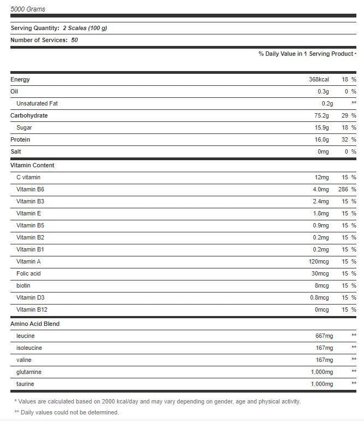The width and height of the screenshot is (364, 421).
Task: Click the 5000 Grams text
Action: tap(28, 9)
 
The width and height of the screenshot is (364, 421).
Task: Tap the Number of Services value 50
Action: tap(74, 40)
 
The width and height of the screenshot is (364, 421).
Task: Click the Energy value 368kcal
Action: tap(319, 79)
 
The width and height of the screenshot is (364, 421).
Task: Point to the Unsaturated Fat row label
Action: tap(37, 103)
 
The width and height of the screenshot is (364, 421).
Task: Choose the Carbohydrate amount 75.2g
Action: tap(321, 115)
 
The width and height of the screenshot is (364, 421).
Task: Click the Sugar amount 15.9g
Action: tap(321, 127)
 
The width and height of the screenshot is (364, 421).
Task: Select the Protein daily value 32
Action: tap(345, 139)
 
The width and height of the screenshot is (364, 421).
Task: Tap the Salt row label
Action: tap(16, 151)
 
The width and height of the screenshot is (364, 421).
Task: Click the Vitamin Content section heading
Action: tap(32, 165)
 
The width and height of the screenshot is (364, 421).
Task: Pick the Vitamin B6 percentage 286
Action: tap(343, 189)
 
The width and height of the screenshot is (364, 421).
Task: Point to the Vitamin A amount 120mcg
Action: tap(319, 261)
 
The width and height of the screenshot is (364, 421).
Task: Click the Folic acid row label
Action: tap(28, 273)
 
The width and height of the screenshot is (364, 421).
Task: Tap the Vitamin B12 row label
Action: tap(32, 309)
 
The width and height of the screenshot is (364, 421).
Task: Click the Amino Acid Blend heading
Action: tap(35, 324)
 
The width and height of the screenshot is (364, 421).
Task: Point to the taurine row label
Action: tap(26, 384)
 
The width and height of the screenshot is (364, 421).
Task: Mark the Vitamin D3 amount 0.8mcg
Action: tap(319, 297)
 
